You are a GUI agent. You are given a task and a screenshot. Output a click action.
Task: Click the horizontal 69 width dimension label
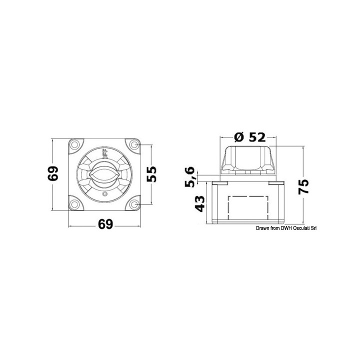click(104, 224)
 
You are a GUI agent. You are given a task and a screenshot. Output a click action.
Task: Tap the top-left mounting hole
click(74, 145)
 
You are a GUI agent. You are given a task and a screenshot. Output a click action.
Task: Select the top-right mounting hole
click(134, 145)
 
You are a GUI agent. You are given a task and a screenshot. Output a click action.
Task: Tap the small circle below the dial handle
click(104, 194)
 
